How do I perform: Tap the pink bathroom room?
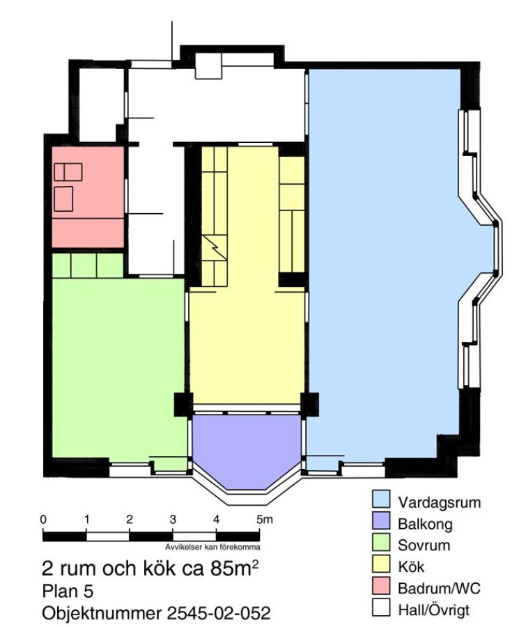pyautogui.click(x=88, y=197)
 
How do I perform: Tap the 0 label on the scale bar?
pyautogui.click(x=43, y=520)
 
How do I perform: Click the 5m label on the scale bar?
pyautogui.click(x=264, y=520)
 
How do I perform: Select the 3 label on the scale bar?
pyautogui.click(x=173, y=520)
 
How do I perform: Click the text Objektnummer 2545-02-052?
pyautogui.click(x=156, y=613)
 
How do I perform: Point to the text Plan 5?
pyautogui.click(x=68, y=591)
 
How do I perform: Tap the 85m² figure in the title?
pyautogui.click(x=234, y=568)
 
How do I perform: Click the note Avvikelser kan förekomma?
pyautogui.click(x=212, y=547)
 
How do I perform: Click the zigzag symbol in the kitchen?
pyautogui.click(x=215, y=248)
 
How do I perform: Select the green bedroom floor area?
pyautogui.click(x=118, y=360)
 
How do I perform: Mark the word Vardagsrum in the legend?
pyautogui.click(x=440, y=502)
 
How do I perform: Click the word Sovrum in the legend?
pyautogui.click(x=424, y=545)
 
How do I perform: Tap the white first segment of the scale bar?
pyautogui.click(x=108, y=536)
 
